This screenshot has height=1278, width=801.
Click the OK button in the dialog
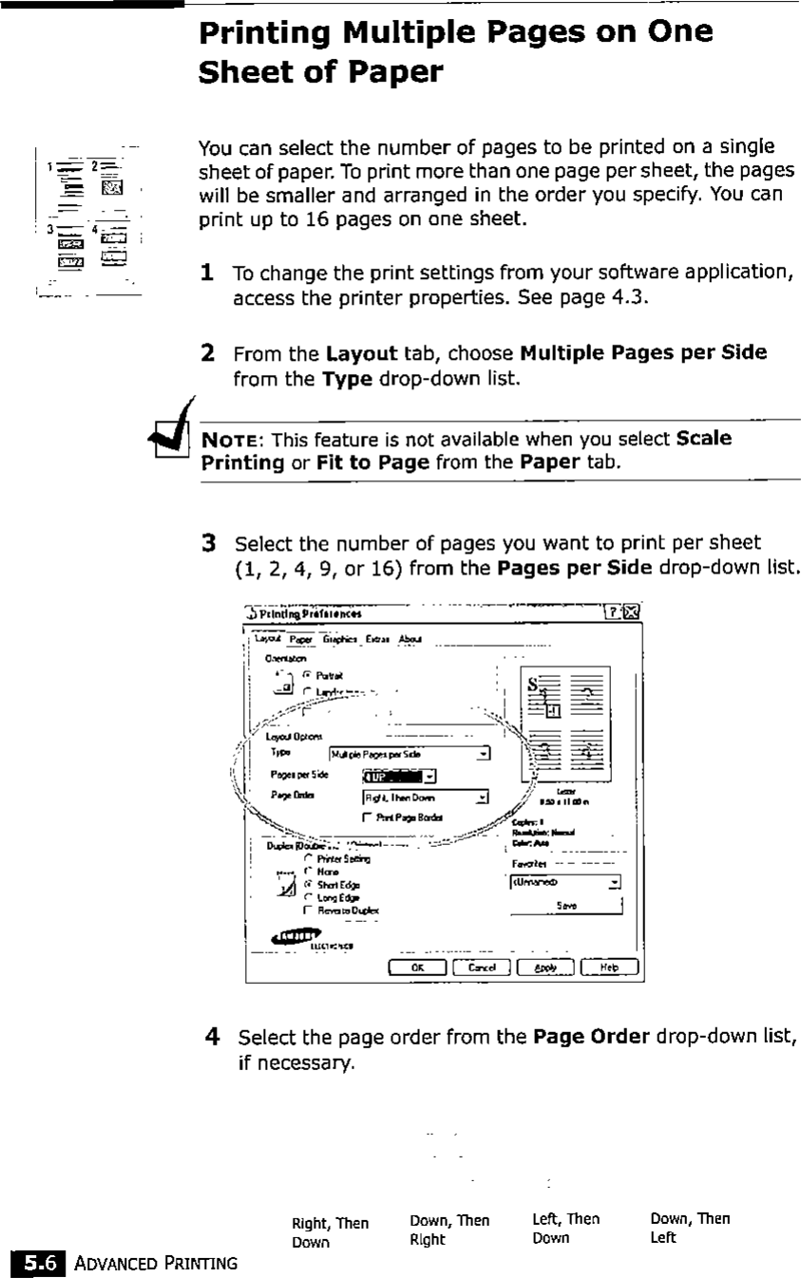click(x=417, y=968)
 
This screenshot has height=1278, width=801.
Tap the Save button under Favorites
click(x=566, y=907)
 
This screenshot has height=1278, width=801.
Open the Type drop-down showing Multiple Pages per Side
click(x=484, y=754)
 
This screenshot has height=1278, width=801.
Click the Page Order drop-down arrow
click(x=484, y=798)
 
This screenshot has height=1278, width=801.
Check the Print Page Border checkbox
click(x=367, y=818)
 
